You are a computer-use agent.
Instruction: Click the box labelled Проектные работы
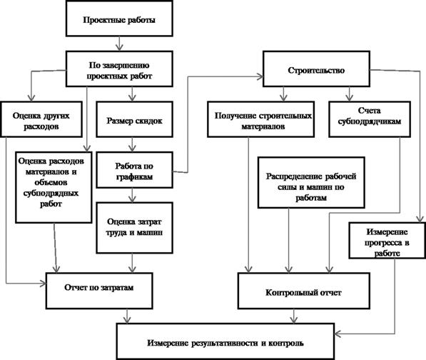(x=119, y=19)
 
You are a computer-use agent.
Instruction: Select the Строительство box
(x=316, y=69)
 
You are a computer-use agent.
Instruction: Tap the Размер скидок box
(x=134, y=119)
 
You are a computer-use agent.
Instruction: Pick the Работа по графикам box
(x=134, y=170)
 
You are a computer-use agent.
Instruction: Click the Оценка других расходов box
(x=41, y=119)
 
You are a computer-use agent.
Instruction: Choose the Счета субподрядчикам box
(x=370, y=119)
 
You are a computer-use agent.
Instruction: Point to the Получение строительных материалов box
(x=261, y=119)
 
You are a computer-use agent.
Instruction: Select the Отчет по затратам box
(x=99, y=291)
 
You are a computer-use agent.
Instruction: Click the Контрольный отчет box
(x=304, y=291)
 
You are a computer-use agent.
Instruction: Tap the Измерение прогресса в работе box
(x=387, y=241)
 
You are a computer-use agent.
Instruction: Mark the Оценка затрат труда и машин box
(x=134, y=228)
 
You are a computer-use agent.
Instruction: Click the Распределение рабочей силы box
(x=311, y=182)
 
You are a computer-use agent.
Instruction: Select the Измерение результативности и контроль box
(x=225, y=341)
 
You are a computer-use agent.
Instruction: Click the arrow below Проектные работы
(x=119, y=44)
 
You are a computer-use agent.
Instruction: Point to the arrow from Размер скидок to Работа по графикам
(x=132, y=144)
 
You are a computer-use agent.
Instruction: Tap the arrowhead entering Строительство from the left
(x=260, y=76)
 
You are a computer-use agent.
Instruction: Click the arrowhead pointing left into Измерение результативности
(x=338, y=334)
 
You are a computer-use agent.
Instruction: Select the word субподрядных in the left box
(x=51, y=194)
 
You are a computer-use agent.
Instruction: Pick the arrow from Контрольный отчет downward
(x=293, y=316)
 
